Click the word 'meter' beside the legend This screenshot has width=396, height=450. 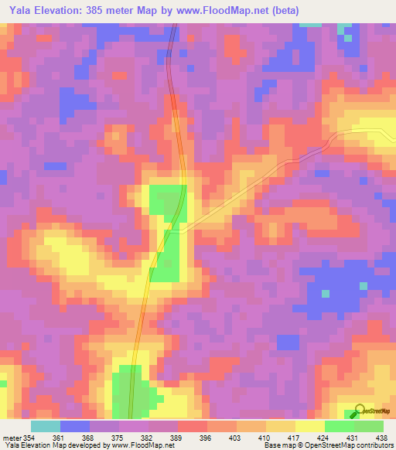click(11, 438)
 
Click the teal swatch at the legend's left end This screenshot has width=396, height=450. click(45, 426)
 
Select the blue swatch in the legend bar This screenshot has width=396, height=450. click(75, 426)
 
